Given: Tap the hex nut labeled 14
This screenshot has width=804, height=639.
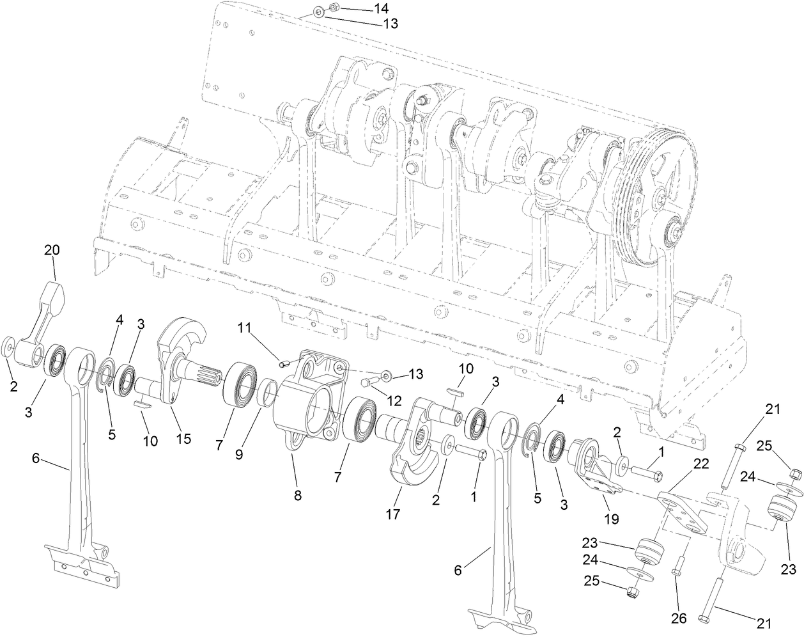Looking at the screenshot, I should tap(332, 8).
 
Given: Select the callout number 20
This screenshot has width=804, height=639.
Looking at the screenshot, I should tap(52, 251).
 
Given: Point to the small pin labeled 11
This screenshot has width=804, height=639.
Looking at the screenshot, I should tap(285, 364).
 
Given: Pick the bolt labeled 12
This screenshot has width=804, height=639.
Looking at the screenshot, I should tap(366, 383).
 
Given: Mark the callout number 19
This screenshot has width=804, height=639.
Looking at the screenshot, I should tap(612, 519).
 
